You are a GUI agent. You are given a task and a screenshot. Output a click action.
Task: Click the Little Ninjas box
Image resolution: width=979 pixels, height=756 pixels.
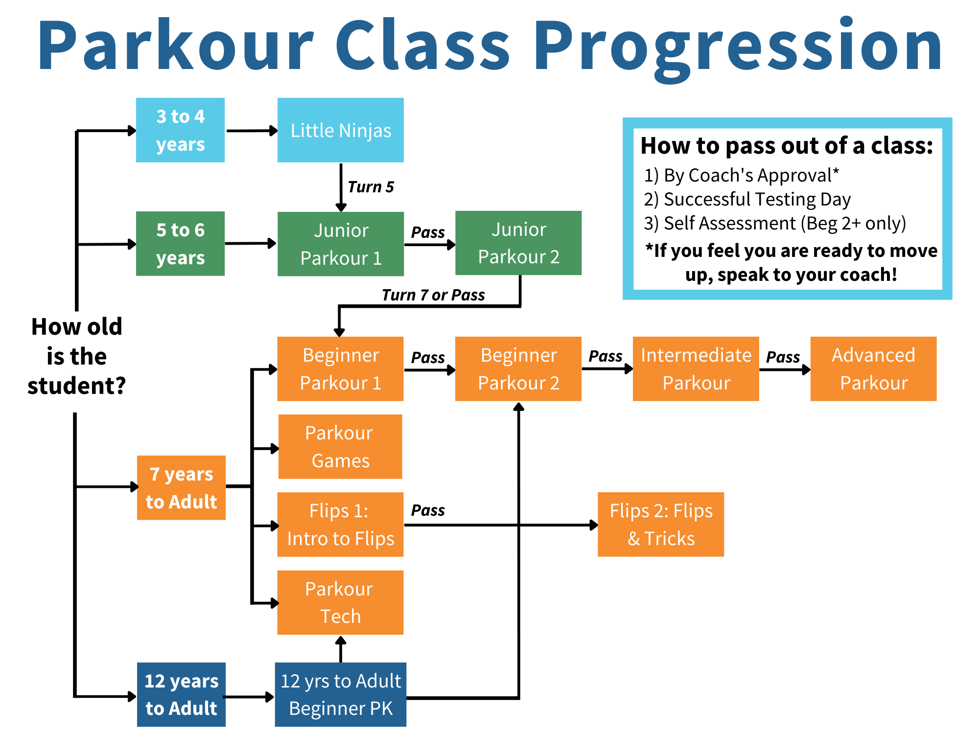[340, 130]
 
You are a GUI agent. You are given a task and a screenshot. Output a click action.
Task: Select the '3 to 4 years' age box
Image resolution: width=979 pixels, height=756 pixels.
[180, 130]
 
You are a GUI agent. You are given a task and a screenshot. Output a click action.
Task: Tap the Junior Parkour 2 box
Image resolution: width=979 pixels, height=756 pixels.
[518, 243]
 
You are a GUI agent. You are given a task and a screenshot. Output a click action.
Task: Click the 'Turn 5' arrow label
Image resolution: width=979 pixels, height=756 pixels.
[371, 187]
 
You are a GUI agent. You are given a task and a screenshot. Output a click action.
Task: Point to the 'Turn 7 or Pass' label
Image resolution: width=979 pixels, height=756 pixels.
[433, 295]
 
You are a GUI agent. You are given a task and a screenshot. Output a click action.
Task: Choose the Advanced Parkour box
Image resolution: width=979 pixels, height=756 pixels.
[873, 369]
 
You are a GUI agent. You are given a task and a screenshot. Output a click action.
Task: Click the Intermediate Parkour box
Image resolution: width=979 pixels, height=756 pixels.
[696, 369]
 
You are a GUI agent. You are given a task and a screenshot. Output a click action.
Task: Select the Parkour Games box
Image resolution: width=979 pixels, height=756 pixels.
[340, 447]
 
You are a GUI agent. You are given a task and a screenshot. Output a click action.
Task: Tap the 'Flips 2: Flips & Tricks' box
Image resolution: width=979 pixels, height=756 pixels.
[661, 525]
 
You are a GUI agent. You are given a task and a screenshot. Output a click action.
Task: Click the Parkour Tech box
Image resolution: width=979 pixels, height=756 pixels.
[340, 602]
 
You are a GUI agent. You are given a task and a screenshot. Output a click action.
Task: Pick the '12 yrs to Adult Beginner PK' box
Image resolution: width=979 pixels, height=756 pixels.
[340, 694]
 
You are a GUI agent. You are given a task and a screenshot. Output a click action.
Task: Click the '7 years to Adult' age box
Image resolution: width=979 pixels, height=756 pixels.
[181, 488]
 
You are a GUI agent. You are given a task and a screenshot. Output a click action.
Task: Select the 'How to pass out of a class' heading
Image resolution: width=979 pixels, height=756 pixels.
[787, 145]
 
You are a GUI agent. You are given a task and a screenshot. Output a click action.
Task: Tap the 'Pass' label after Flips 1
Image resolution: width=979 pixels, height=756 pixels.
[428, 510]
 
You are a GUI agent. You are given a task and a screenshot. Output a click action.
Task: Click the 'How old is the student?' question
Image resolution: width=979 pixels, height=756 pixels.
[76, 356]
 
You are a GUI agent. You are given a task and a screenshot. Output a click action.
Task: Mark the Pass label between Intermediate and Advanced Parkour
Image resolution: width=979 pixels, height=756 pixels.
[783, 357]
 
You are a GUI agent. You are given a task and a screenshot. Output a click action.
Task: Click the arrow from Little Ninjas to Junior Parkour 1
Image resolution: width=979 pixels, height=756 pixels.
[341, 187]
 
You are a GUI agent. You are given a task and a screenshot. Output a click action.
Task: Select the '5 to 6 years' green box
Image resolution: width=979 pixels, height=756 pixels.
[180, 244]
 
